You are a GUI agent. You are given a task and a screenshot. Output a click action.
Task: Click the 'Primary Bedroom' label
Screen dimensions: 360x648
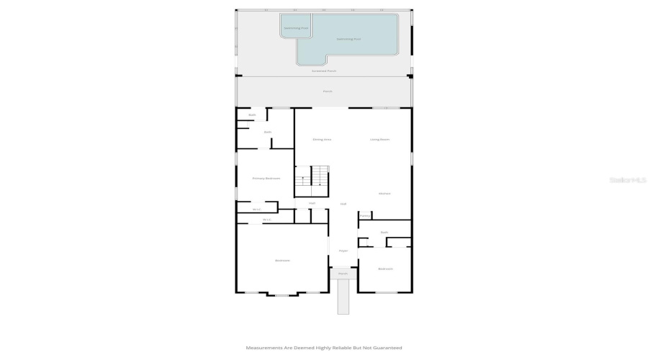click(x=266, y=178)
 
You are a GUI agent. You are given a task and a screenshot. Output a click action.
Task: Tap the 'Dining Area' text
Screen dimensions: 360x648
click(x=322, y=139)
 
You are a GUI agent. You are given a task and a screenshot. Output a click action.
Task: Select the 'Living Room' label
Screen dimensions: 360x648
click(x=380, y=139)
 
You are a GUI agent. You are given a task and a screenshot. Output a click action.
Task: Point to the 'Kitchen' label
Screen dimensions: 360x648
click(x=384, y=193)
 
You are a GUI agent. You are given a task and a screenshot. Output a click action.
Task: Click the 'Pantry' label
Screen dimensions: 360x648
click(x=365, y=215)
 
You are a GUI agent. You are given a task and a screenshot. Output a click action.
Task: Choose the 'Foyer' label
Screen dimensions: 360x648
click(x=343, y=251)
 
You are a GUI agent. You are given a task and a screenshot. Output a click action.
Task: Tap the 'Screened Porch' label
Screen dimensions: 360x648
click(x=324, y=71)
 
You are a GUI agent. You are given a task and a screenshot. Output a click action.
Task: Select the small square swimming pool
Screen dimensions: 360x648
click(x=295, y=27)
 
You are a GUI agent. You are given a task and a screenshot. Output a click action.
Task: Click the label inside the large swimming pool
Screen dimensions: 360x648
click(x=349, y=39)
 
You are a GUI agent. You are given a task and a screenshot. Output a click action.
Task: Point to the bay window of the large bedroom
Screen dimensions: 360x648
click(x=281, y=294)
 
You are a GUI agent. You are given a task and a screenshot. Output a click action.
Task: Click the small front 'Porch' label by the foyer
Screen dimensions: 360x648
click(x=343, y=274)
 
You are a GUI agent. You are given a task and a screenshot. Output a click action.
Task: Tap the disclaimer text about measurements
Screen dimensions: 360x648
click(x=324, y=348)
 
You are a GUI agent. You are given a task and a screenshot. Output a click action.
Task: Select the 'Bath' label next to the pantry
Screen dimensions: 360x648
click(x=384, y=232)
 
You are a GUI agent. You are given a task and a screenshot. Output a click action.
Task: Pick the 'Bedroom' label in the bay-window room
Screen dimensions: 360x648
click(x=282, y=260)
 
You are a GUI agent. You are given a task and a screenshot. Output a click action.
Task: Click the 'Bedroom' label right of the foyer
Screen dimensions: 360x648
click(x=385, y=269)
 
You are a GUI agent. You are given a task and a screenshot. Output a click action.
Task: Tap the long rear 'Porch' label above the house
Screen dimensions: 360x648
click(x=328, y=91)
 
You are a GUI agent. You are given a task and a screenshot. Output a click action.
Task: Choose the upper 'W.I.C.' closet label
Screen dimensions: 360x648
click(x=256, y=210)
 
